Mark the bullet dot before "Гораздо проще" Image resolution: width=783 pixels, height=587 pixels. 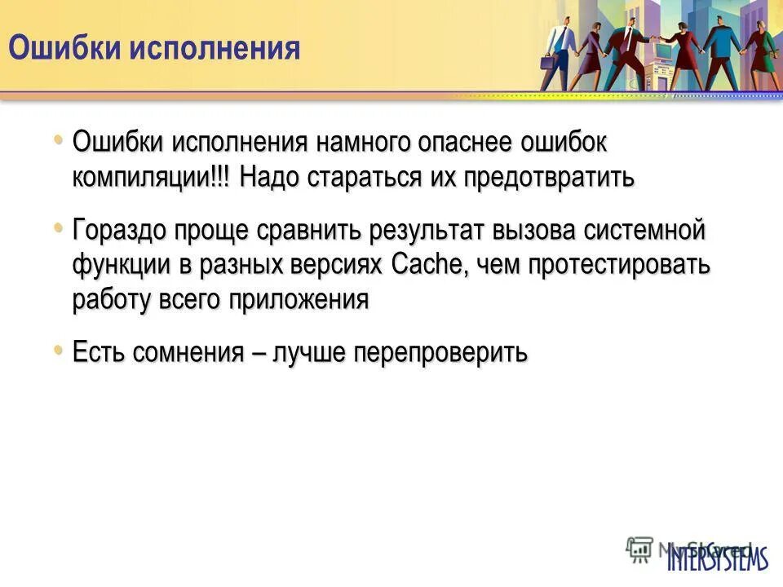click(x=58, y=227)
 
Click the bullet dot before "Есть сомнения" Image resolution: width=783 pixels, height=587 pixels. click(x=58, y=350)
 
